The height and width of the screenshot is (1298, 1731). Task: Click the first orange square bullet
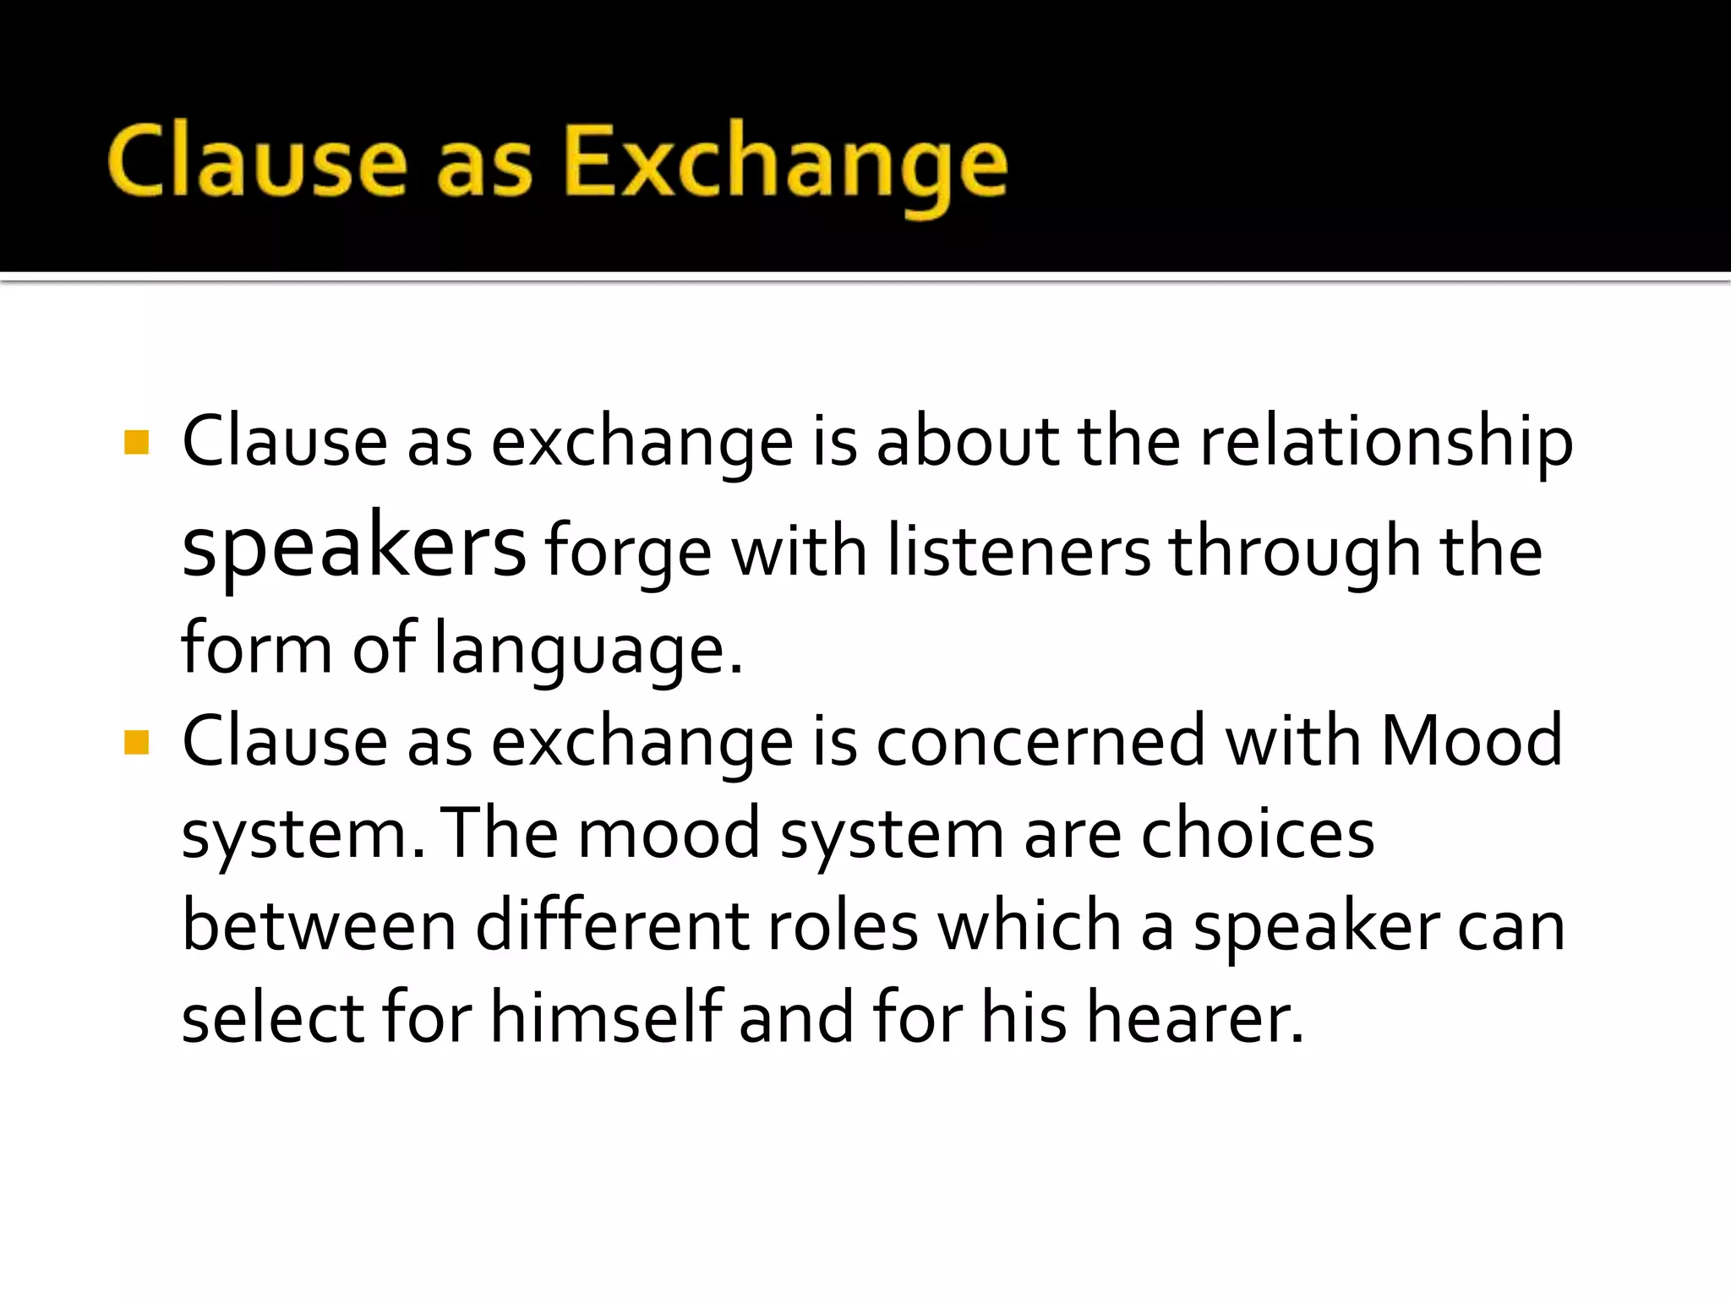[x=136, y=442]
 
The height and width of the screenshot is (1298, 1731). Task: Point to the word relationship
[x=1386, y=444]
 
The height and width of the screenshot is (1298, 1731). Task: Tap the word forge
[x=628, y=554]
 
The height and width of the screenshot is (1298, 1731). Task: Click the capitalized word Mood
[x=1471, y=741]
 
